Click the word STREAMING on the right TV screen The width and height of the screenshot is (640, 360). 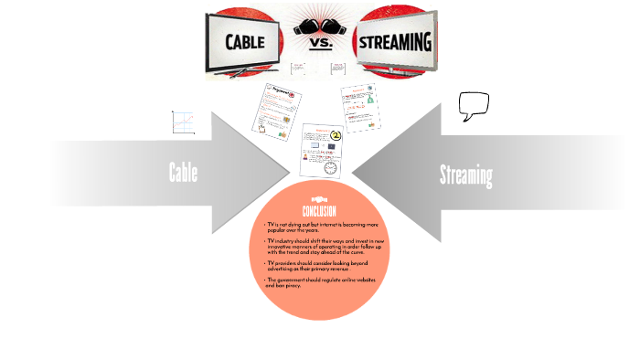tap(396, 42)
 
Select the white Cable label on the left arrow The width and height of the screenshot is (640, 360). tap(183, 172)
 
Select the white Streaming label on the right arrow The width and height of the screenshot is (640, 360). tap(466, 175)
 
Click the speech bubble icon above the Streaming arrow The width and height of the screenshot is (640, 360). tap(474, 106)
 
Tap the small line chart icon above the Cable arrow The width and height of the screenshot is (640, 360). tap(183, 123)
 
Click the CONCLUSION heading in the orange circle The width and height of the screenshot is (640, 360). tap(319, 211)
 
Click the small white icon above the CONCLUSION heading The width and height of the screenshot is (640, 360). tap(319, 198)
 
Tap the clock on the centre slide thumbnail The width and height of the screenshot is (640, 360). tap(330, 166)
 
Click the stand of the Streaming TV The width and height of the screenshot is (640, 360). tap(395, 73)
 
